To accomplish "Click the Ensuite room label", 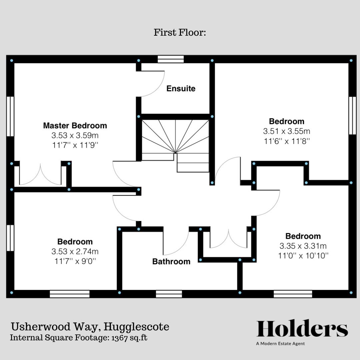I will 181,89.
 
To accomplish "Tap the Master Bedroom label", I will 75,126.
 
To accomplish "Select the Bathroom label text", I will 171,261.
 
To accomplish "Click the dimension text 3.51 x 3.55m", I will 287,131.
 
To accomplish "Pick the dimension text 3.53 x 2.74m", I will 75,252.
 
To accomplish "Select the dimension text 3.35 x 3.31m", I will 303,246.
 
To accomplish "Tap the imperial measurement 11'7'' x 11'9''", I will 75,145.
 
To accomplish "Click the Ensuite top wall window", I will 171,59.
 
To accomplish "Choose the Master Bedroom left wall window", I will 10,116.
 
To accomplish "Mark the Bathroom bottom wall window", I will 169,294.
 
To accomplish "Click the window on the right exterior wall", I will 352,115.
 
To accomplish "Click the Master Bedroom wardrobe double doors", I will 40,175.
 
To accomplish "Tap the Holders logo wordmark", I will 302,329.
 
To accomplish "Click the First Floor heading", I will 180,33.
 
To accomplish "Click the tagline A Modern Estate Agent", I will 280,344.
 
